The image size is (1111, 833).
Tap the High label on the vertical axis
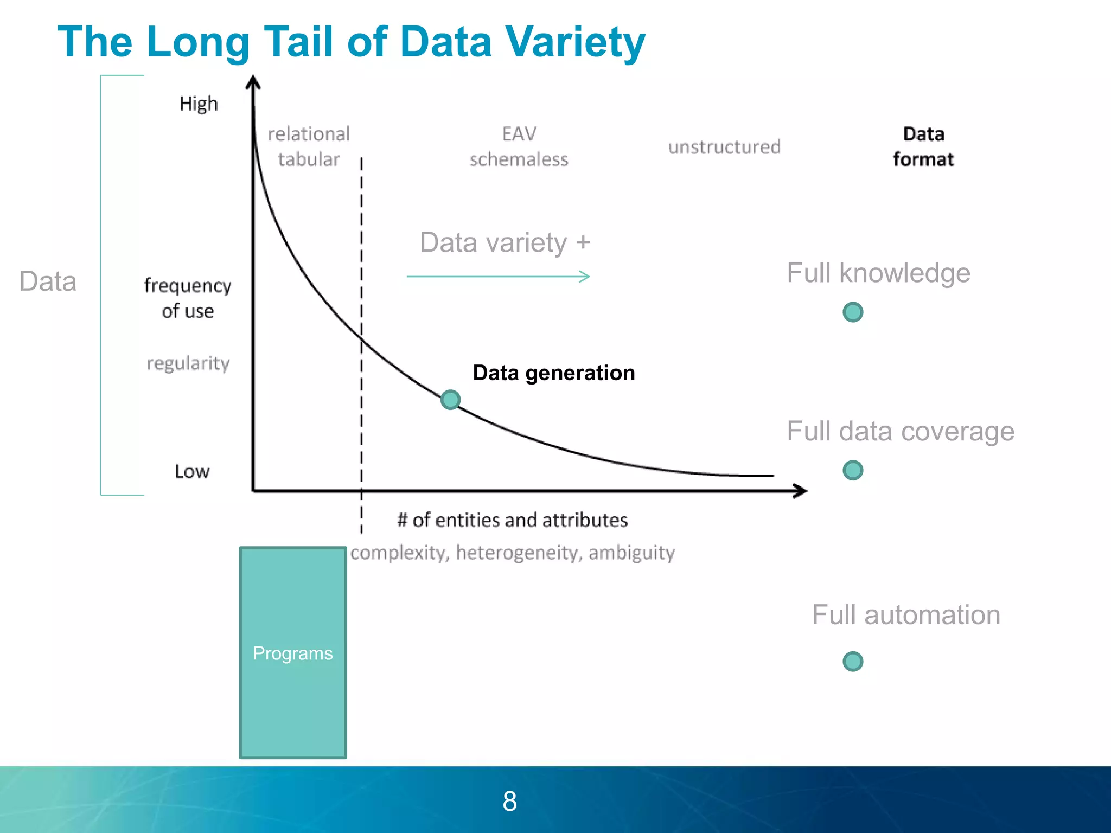tap(199, 104)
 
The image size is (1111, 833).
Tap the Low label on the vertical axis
tap(192, 471)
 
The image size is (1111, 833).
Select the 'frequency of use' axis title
tap(188, 298)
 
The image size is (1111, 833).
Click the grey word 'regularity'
tap(188, 363)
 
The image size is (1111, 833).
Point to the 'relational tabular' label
tap(309, 146)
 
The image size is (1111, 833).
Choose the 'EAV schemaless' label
tap(519, 146)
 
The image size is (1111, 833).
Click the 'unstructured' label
tap(724, 146)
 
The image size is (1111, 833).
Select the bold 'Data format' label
tap(923, 146)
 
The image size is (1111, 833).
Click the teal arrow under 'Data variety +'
tap(498, 277)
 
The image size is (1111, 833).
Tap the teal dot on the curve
tap(450, 400)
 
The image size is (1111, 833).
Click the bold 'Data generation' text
tap(554, 373)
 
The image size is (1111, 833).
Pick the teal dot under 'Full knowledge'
tap(853, 312)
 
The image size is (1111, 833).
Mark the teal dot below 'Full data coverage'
tap(853, 470)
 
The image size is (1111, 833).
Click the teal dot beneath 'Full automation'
tap(853, 661)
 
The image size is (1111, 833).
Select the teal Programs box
tap(293, 652)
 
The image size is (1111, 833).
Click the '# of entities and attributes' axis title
tap(513, 520)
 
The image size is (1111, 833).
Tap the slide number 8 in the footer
tap(510, 801)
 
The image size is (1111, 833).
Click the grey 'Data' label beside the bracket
tap(48, 281)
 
